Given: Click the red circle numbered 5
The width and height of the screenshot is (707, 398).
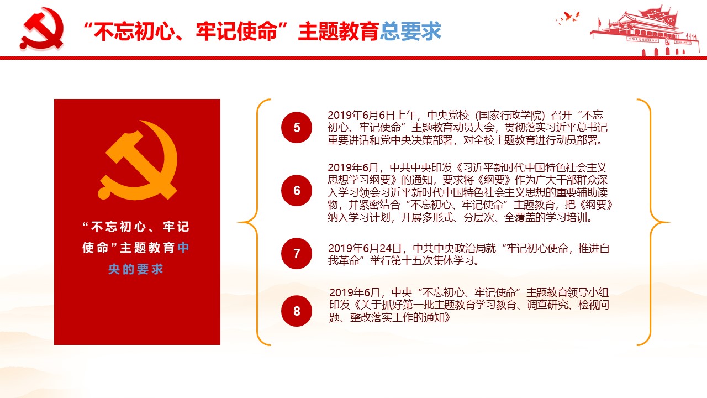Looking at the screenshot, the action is click(x=297, y=127).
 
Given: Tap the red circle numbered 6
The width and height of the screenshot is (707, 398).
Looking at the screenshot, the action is click(x=297, y=191).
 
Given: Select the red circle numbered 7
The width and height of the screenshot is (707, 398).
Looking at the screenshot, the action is click(x=297, y=253).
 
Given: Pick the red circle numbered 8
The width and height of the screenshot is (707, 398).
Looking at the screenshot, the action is click(x=297, y=311).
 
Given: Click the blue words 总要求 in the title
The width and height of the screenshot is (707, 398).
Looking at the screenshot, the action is click(x=410, y=32).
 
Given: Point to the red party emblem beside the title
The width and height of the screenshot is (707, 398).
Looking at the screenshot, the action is click(x=41, y=29).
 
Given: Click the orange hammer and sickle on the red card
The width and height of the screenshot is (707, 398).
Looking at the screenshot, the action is click(x=138, y=160).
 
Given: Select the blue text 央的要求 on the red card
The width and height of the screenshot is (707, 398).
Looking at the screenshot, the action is click(x=136, y=269).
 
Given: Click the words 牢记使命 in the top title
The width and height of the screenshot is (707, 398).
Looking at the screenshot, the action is click(x=236, y=32).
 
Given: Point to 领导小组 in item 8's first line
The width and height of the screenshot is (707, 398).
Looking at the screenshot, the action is click(x=588, y=292).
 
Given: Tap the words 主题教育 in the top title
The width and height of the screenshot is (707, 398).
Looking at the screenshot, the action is click(x=339, y=32).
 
